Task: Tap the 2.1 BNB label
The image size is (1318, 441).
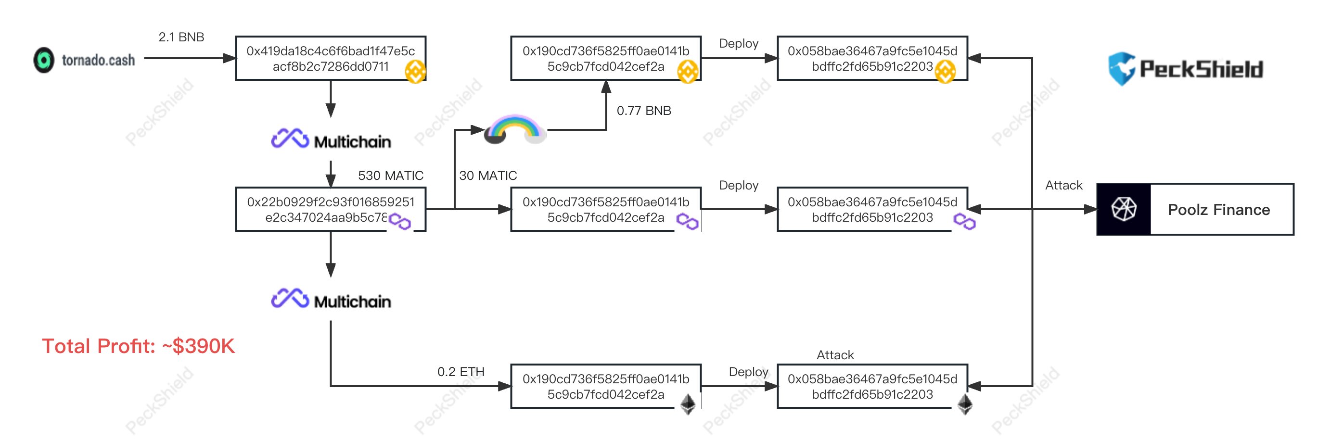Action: point(181,37)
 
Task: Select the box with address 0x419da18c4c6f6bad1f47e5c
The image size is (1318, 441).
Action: point(331,58)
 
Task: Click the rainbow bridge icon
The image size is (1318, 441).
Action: point(515,129)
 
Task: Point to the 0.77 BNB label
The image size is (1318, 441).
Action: point(643,111)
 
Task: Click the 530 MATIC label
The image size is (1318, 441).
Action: point(390,176)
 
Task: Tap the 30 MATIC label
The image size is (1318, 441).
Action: point(487,176)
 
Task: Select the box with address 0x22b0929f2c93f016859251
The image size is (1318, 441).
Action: point(331,209)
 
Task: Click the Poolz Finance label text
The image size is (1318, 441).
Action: point(1218,209)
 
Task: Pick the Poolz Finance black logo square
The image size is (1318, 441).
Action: point(1124,209)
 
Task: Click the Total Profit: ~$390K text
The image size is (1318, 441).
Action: point(138,346)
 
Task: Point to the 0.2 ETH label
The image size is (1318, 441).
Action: point(461,371)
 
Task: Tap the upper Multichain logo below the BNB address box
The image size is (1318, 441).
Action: point(331,139)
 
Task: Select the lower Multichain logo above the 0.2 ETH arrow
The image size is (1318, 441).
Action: point(331,299)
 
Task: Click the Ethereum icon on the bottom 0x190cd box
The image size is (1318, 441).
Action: point(688,403)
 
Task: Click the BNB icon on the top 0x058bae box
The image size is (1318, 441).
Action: point(945,71)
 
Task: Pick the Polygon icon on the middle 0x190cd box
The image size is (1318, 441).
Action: point(687,222)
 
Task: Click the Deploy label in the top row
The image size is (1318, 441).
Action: point(738,43)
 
